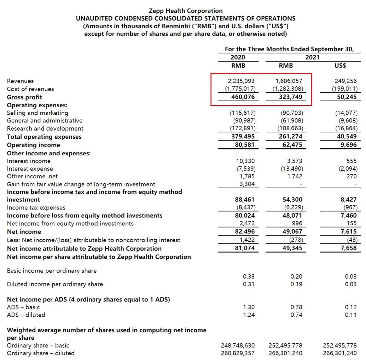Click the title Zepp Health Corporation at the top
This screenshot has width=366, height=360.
186,11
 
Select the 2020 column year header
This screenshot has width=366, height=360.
238,57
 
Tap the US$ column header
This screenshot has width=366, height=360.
340,65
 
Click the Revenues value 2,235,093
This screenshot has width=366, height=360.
240,81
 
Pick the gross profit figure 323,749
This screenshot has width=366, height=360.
289,97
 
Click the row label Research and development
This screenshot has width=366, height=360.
45,128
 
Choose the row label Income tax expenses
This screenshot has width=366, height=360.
36,207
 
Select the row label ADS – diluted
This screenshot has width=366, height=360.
26,314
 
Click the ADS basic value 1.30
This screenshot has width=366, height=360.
249,307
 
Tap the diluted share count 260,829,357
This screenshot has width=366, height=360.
238,353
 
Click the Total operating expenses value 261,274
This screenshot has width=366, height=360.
289,137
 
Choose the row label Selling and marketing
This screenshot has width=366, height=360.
37,113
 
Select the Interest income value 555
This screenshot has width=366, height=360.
352,161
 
